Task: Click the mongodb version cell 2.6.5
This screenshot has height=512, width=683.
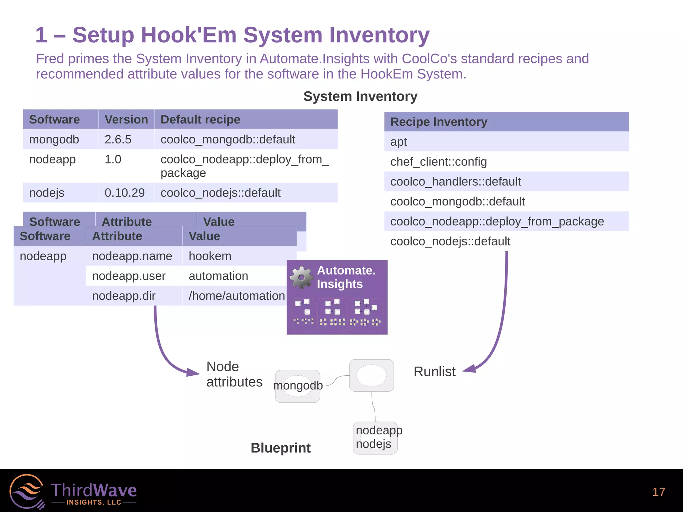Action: pos(118,139)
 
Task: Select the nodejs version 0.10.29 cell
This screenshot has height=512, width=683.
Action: pos(124,193)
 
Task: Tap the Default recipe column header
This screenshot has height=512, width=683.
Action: pos(200,119)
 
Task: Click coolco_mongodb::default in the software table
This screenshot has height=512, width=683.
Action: pos(228,139)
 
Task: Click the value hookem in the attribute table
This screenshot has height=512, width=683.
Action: pos(210,256)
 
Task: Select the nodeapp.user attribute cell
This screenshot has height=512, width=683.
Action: pos(129,276)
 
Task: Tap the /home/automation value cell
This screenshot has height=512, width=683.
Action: pos(236,296)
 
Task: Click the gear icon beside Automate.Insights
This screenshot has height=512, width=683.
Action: pos(301,277)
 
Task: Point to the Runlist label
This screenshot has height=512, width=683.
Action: pos(434,372)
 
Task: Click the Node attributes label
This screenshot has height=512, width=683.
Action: pos(234,374)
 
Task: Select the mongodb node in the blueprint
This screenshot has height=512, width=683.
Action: pos(297,386)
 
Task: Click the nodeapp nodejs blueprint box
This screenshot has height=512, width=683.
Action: pos(375,438)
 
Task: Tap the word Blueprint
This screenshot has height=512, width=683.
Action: pos(280,448)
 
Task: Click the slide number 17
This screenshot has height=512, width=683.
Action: pos(658,492)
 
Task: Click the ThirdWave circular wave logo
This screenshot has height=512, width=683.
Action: pos(27,491)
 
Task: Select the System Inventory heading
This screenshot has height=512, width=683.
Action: pos(360,96)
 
